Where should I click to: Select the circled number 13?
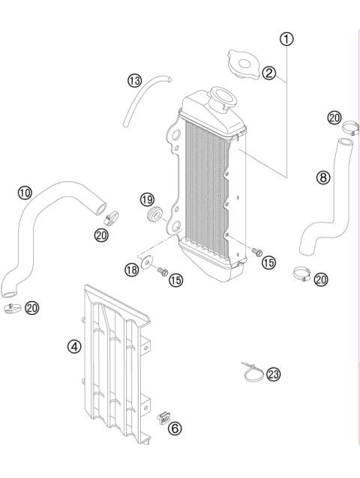134,81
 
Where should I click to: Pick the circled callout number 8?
322,178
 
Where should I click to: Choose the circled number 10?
25,193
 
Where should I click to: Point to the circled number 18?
132,270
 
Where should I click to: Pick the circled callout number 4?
73,348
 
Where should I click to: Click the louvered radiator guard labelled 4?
115,360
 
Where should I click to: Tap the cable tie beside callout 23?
253,369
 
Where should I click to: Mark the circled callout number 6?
174,429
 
